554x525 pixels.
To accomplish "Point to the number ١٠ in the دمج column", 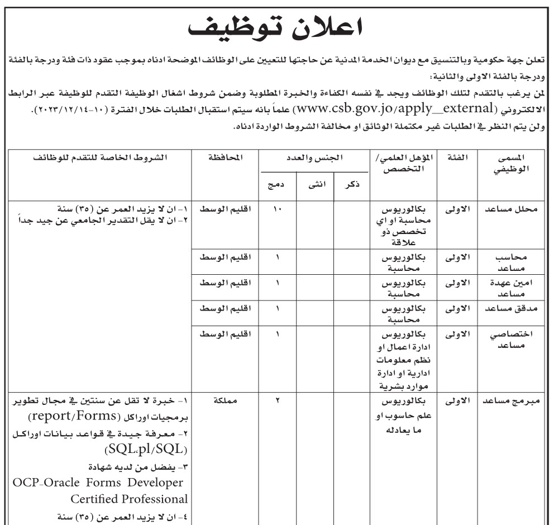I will pos(278,210).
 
